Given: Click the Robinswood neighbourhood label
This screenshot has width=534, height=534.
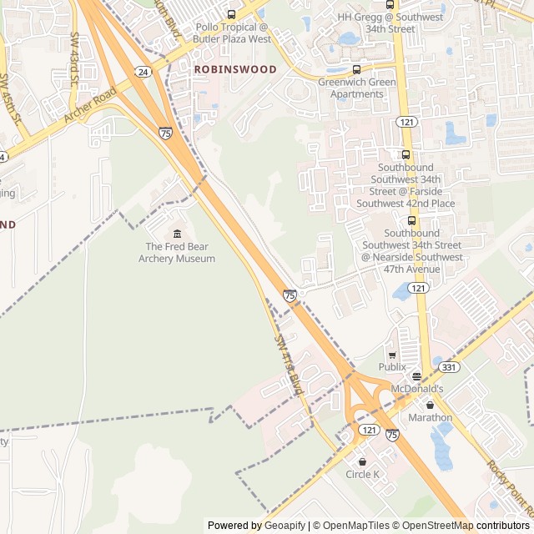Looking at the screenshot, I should coord(234,70).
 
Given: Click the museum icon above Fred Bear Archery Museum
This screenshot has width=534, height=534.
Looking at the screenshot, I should coord(177,233).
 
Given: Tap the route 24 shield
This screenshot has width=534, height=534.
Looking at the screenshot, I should coord(144,73).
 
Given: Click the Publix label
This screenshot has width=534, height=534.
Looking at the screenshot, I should coord(392,367).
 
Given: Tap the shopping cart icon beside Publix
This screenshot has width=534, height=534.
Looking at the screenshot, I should coord(392,355).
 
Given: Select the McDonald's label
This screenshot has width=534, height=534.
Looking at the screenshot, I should coord(420,389).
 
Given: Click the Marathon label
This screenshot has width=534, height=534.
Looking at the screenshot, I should coord(430,417).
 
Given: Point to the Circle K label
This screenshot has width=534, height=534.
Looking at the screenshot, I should coord(362,475).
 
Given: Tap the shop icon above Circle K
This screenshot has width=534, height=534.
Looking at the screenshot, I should coord(362,461).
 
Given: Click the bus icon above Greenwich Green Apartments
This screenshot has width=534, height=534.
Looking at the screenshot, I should coord(357,69).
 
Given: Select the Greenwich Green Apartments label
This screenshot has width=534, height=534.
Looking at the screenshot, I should coord(351,88).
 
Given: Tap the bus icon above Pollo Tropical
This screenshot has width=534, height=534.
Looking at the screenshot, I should coord(232,14).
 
